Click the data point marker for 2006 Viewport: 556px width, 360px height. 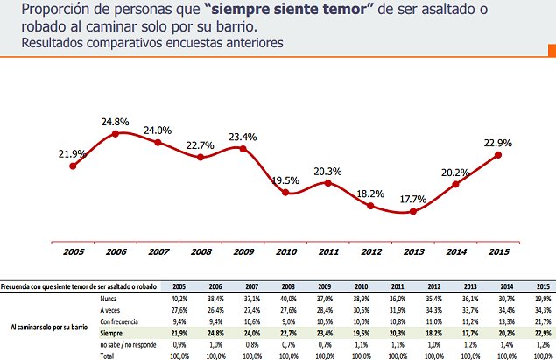coord(116,134)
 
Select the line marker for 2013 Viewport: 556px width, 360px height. coord(412,211)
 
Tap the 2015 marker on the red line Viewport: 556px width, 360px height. coord(498,155)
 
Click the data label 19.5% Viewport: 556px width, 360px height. coord(285,180)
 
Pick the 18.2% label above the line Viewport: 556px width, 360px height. coord(371,194)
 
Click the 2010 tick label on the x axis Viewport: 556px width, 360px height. coord(285,252)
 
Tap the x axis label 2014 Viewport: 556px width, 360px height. coord(455,252)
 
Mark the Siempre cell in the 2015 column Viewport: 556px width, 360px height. coord(543,333)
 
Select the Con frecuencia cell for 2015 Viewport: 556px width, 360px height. coord(543,321)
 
